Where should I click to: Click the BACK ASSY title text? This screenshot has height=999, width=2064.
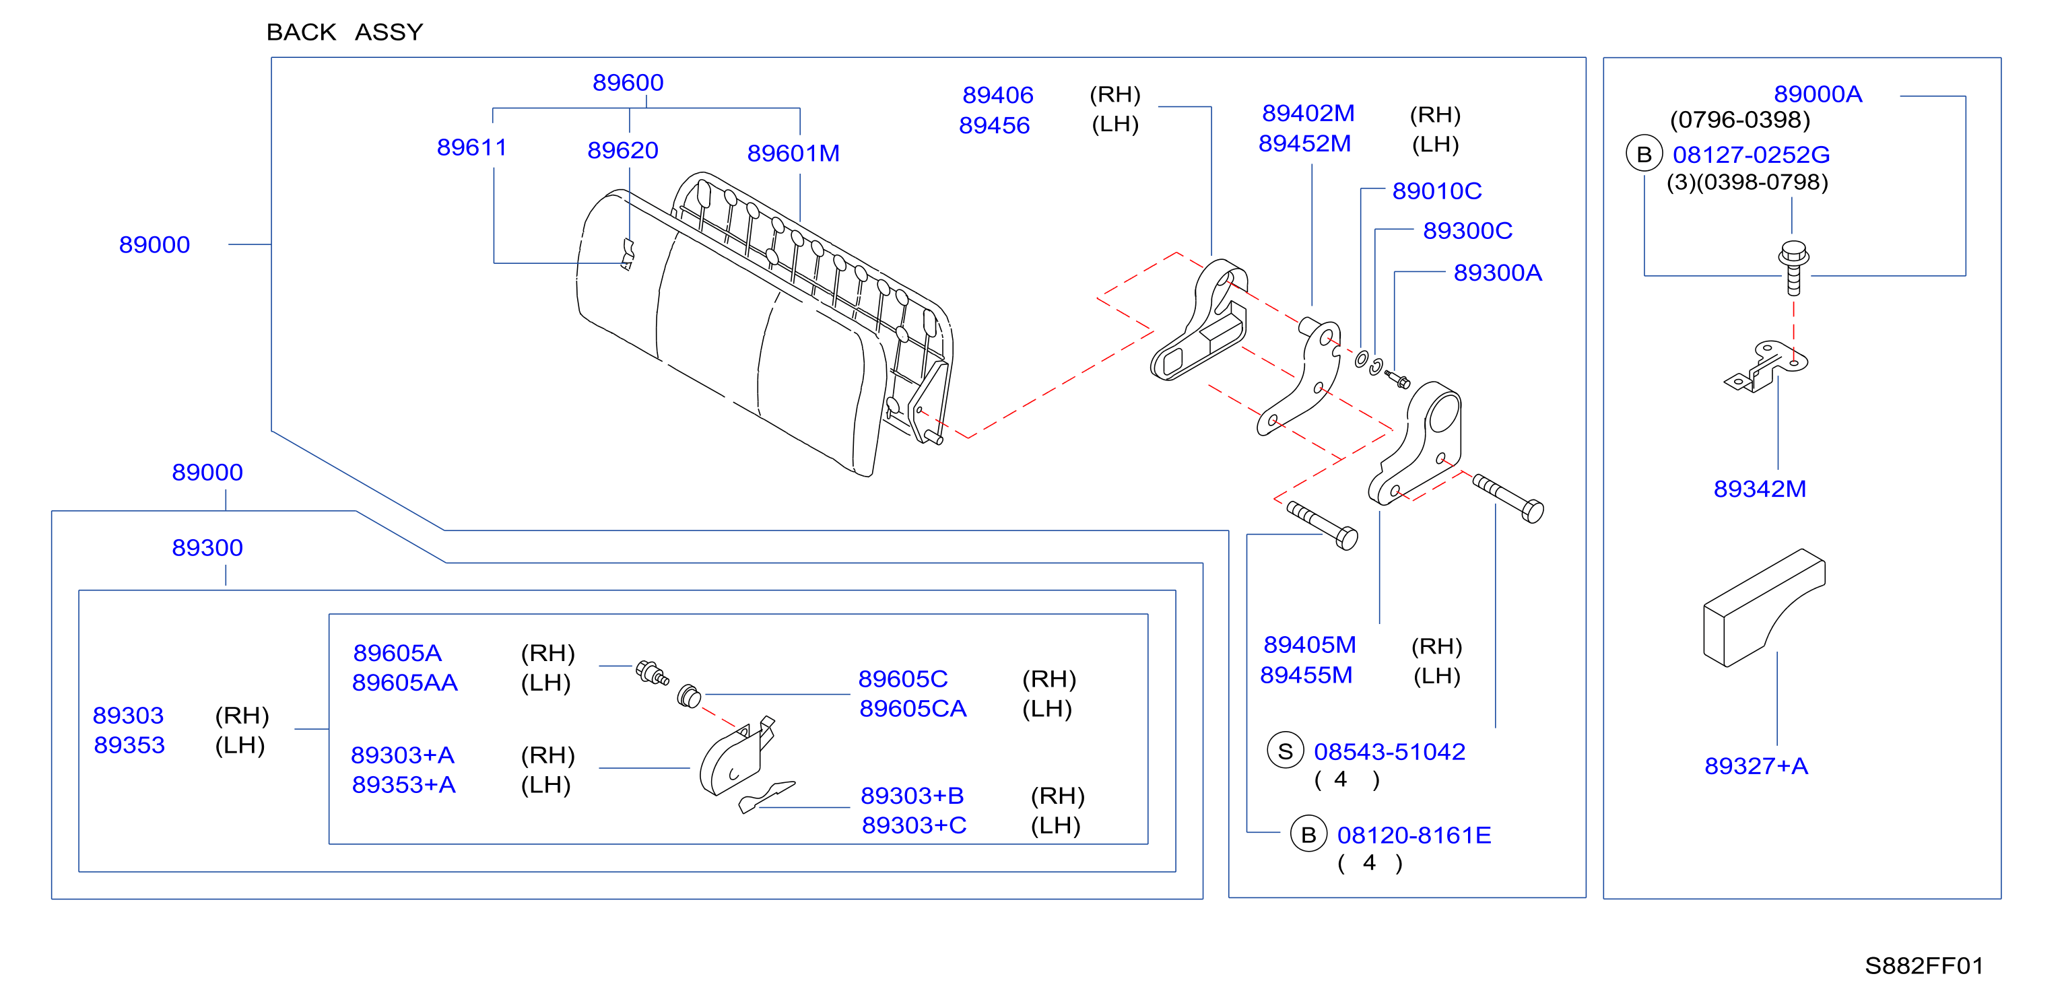click(345, 32)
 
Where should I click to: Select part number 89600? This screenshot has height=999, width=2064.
click(628, 83)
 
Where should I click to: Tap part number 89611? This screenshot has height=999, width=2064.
click(472, 147)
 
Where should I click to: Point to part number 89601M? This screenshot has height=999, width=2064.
click(793, 153)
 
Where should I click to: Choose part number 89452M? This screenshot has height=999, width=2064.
click(1304, 143)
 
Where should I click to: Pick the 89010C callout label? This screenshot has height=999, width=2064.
click(1436, 191)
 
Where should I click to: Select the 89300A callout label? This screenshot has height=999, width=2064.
click(1498, 273)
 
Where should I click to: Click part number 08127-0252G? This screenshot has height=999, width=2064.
click(1751, 155)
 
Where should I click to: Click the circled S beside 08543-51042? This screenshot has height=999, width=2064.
click(1285, 751)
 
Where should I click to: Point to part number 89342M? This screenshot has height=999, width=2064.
click(1760, 489)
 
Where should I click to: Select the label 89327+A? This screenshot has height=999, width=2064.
click(1756, 766)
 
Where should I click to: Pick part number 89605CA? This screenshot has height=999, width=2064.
click(912, 708)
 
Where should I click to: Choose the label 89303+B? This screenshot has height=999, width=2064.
click(912, 796)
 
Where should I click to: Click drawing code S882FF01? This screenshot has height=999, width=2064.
click(1924, 965)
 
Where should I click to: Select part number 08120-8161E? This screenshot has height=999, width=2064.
click(1414, 835)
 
